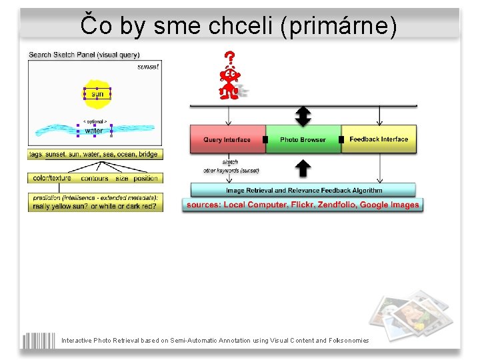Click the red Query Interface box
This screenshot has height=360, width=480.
(x=227, y=139)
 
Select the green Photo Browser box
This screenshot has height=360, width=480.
(x=303, y=139)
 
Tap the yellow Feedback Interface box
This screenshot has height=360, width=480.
(x=379, y=139)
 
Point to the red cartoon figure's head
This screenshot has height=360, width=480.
(x=231, y=75)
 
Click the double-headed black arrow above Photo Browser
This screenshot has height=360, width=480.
(x=303, y=116)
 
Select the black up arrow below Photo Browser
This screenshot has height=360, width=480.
(x=303, y=168)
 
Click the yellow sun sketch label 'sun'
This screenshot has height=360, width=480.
(x=97, y=94)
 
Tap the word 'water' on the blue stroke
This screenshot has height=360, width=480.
(x=94, y=131)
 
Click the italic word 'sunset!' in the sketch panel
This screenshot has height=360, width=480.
(x=147, y=67)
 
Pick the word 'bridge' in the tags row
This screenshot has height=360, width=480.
(x=148, y=154)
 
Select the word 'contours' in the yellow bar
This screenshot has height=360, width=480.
(x=95, y=178)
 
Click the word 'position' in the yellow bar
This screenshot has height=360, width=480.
(x=145, y=178)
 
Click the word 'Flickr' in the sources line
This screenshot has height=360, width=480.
(x=301, y=205)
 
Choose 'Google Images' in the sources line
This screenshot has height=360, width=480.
(x=389, y=205)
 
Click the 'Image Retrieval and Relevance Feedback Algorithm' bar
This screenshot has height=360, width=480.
(x=303, y=190)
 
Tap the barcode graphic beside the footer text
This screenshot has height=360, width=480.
(x=38, y=340)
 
